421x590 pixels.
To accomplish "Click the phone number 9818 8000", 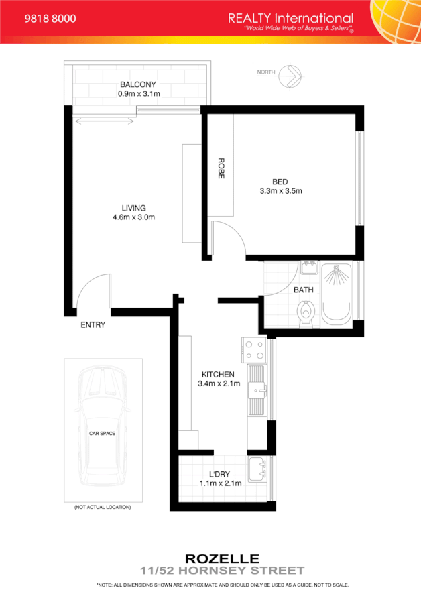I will [50, 19].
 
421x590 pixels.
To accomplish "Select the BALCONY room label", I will [137, 84].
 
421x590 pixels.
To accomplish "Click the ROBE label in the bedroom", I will [221, 168].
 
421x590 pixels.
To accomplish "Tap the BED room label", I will [280, 181].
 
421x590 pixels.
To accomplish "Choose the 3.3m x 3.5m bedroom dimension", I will [281, 191].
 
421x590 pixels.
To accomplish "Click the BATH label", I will [304, 290].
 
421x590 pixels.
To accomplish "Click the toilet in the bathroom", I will [306, 313].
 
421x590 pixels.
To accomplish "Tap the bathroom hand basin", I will [309, 269].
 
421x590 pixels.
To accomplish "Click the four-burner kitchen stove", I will [255, 349].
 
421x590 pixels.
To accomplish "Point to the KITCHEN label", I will [218, 374].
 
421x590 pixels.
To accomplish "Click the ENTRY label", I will [93, 325].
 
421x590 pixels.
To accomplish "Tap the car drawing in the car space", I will [103, 430].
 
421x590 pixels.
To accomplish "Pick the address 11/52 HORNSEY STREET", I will [222, 570].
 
